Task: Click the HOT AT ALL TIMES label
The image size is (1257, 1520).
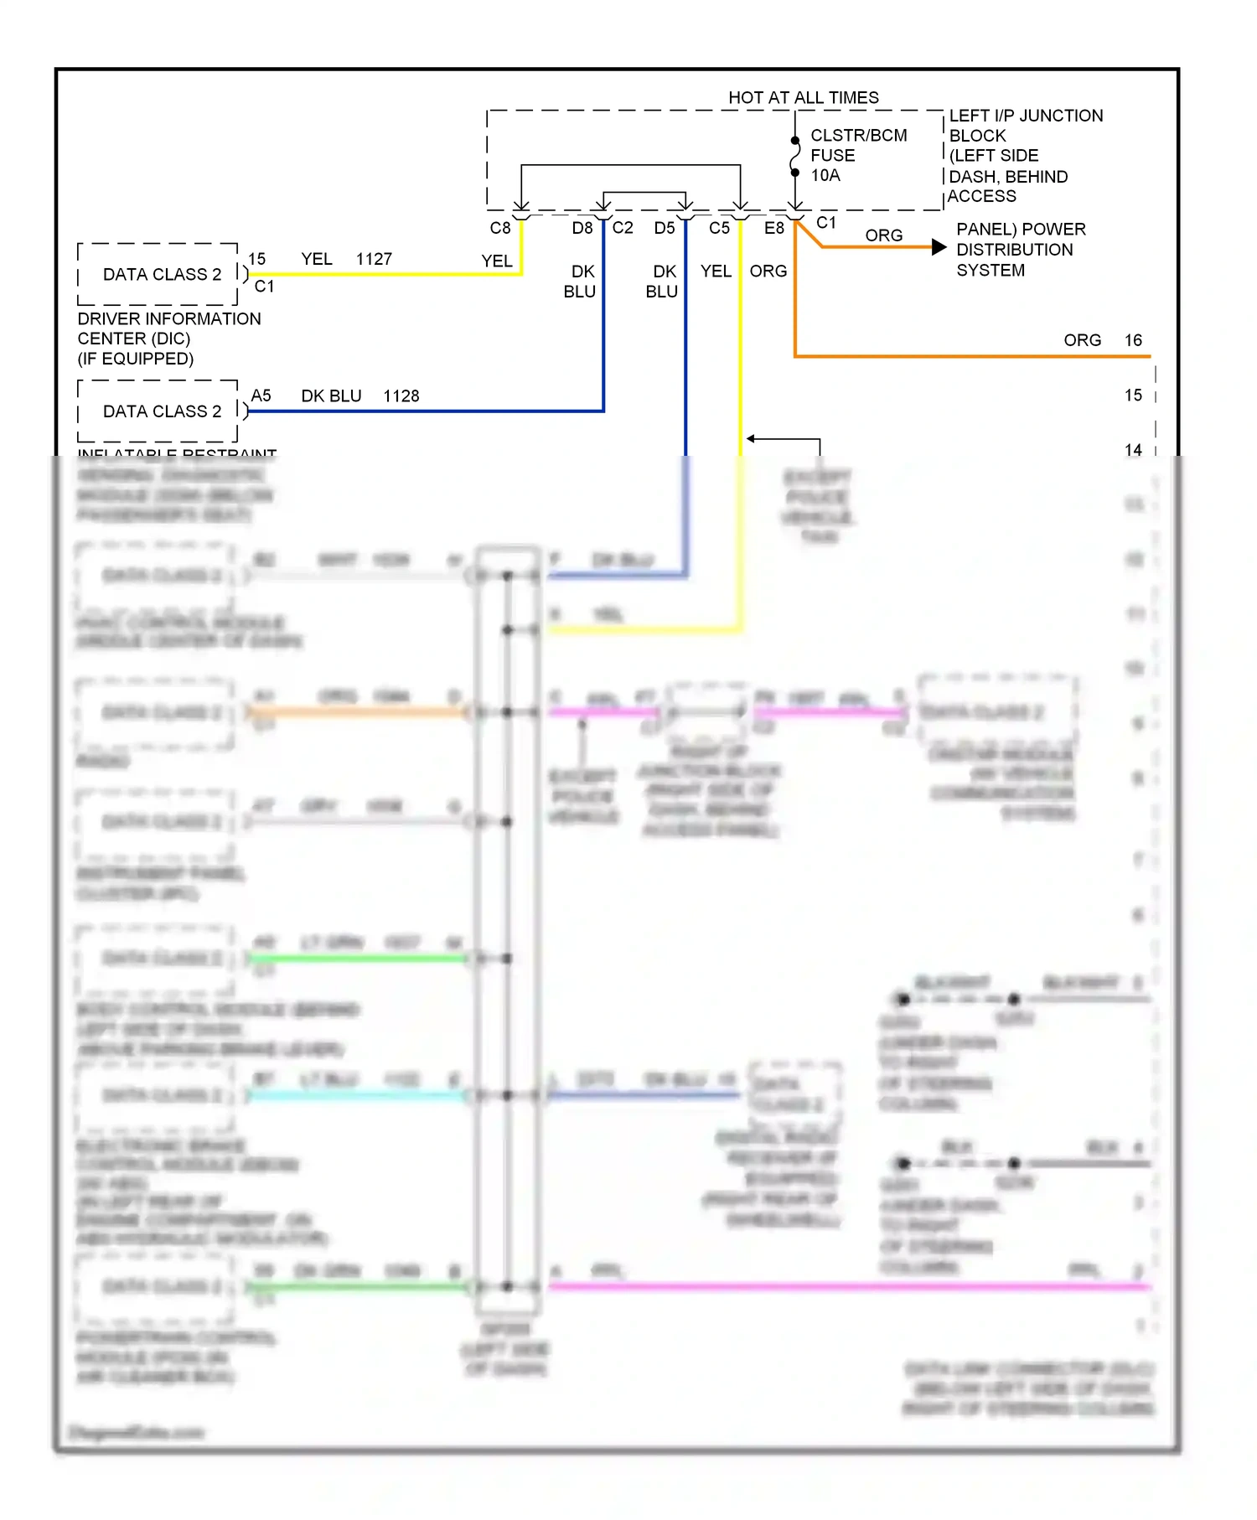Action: [803, 97]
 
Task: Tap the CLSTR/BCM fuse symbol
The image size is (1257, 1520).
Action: [794, 156]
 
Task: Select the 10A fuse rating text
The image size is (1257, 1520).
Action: [825, 175]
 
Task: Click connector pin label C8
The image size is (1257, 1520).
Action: [499, 228]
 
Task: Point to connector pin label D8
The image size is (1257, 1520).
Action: [582, 228]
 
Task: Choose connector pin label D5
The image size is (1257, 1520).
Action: [664, 228]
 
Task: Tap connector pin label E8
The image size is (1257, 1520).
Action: [773, 228]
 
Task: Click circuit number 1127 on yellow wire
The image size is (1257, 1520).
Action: [374, 259]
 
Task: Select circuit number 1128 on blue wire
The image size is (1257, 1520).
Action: [401, 396]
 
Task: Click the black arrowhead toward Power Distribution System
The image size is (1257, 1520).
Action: [939, 247]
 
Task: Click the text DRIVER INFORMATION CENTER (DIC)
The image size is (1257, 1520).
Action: [168, 328]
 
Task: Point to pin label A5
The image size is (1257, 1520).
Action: [261, 396]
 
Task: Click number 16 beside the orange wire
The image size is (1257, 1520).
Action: [1133, 340]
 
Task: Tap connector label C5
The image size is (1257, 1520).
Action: [719, 228]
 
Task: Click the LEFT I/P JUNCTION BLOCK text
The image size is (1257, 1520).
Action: [1025, 126]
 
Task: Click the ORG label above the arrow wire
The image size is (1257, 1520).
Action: [883, 235]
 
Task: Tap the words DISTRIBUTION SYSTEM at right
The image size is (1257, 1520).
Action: [1014, 260]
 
